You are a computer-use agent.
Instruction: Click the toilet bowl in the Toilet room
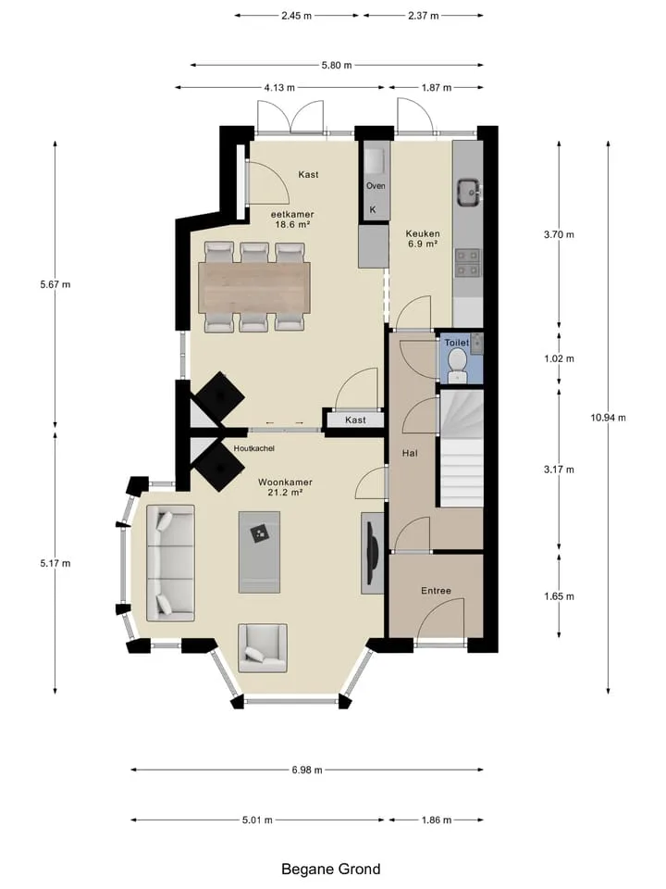coord(456,365)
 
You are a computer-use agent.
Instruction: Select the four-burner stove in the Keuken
coord(468,263)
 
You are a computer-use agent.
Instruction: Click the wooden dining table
coord(254,287)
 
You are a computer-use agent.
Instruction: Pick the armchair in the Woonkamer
coord(262,648)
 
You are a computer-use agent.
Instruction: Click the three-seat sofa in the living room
coord(170,562)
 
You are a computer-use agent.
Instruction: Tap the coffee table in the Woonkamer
coord(259,552)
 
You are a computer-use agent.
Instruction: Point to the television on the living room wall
coord(372,553)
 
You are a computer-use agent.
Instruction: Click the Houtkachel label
coord(253,448)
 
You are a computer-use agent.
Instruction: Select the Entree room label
coord(436,591)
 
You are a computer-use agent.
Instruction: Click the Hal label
coord(410,453)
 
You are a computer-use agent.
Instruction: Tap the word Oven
coord(376,186)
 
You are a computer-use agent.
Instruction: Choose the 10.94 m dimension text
coord(609,418)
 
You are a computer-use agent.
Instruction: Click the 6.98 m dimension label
coord(307,770)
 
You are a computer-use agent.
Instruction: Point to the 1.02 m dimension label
coord(559,359)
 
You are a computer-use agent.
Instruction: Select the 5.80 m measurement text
coord(337,65)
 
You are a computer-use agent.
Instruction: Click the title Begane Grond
coord(331,870)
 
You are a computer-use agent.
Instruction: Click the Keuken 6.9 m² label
coord(423,239)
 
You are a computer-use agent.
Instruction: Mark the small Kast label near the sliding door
coord(355,420)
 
